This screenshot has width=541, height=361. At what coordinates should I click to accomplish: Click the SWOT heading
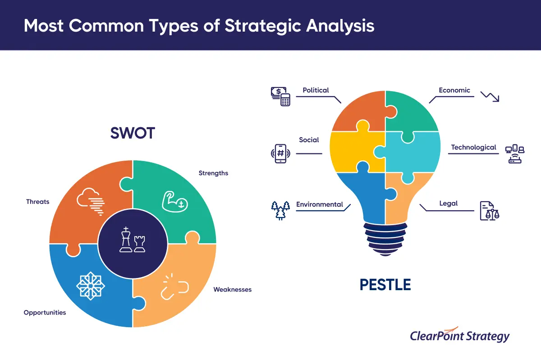point(133,133)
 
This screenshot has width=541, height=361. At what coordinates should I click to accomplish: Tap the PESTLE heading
point(385,285)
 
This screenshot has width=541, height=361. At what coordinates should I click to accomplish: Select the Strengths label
point(213,173)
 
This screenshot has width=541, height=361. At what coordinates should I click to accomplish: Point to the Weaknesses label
point(232,289)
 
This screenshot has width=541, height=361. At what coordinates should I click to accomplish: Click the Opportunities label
point(45,312)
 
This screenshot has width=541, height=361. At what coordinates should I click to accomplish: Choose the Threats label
point(38,201)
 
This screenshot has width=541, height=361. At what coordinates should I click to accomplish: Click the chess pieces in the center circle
point(133,240)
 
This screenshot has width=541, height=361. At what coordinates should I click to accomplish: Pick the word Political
point(316,90)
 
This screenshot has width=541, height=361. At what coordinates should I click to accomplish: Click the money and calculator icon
point(280,96)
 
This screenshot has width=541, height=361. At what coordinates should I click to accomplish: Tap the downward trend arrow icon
point(490,97)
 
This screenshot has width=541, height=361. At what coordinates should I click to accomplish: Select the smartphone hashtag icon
point(280,153)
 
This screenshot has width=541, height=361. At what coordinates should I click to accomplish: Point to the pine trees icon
point(280,210)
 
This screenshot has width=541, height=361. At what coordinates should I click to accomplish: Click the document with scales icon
point(490,211)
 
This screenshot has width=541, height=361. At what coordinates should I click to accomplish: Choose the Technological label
point(473,147)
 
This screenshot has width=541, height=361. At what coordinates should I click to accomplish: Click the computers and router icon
point(515,154)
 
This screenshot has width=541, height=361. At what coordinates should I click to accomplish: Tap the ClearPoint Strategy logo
point(459,335)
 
